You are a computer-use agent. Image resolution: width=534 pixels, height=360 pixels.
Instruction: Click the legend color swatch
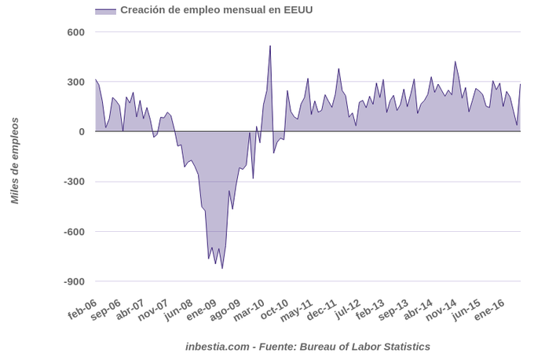105,11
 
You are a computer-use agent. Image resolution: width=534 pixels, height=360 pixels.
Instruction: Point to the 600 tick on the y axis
75,32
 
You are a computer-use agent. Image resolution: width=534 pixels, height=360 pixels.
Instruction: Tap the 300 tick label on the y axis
75,83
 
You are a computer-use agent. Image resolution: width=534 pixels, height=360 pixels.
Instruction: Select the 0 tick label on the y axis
81,132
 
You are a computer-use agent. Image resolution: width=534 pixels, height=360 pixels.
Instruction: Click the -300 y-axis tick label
72,182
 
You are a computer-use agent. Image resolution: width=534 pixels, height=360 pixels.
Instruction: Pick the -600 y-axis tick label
72,232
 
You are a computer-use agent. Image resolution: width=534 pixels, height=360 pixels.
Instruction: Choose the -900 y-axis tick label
72,281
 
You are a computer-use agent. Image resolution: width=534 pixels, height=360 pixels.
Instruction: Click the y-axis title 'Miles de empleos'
14,161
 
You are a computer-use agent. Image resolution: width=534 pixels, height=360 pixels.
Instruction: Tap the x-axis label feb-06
82,308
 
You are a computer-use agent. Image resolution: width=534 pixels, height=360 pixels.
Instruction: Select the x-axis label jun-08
179,308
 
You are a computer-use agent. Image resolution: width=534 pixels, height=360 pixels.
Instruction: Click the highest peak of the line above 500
270,46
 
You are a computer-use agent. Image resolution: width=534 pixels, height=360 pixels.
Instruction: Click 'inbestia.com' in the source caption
218,346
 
